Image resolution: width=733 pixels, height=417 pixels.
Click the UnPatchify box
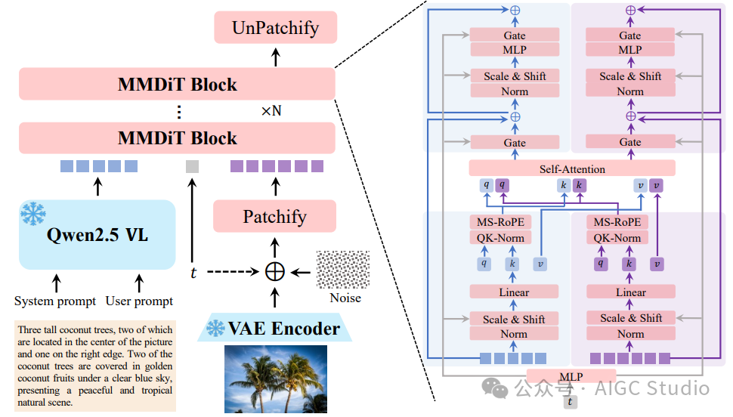[275, 28]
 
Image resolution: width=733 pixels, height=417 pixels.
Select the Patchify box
[275, 217]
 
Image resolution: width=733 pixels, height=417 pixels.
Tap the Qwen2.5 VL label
[97, 235]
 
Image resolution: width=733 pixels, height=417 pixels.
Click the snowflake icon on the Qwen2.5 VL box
[33, 214]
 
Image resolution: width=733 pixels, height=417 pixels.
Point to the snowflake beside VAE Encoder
[215, 328]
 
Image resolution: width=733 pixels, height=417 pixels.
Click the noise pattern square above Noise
[343, 269]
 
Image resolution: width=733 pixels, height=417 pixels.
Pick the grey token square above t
[192, 166]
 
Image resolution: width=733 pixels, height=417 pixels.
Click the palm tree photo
[275, 379]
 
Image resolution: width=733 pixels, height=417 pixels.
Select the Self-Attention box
[572, 168]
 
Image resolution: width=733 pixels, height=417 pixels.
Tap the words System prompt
[55, 301]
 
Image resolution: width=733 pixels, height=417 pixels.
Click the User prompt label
[139, 301]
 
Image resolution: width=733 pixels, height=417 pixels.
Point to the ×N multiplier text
[271, 111]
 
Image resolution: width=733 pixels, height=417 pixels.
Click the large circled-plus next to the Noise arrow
[275, 272]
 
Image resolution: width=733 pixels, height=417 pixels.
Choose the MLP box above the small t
[571, 376]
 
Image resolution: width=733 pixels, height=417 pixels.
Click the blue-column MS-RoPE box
[501, 222]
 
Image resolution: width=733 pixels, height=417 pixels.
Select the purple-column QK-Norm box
[617, 238]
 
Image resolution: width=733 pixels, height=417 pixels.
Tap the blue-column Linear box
[514, 292]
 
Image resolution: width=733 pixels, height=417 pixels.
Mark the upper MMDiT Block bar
[177, 84]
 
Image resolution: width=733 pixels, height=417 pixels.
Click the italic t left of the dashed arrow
[193, 273]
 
